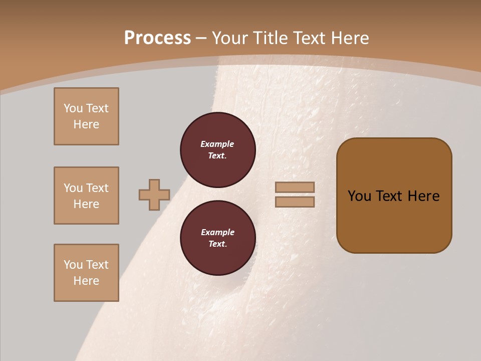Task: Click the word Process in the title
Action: point(157,38)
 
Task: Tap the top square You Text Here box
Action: point(86,116)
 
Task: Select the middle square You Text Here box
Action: point(86,196)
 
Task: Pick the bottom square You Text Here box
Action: point(86,273)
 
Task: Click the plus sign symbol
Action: point(154,195)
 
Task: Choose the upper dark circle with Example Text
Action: point(217,150)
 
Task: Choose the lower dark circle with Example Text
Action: point(217,238)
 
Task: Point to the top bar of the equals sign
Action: point(295,188)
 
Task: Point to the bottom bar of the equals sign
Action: point(295,202)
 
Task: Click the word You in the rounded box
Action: point(359,196)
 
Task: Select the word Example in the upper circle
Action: point(217,144)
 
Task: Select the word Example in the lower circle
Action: point(217,233)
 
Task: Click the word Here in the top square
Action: point(86,124)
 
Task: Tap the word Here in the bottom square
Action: point(86,281)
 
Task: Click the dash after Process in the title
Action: point(201,38)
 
